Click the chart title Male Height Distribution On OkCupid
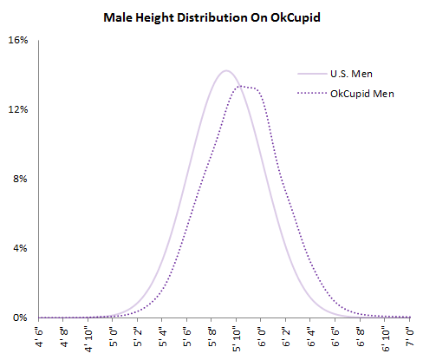click(211, 16)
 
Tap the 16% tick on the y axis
click(17, 40)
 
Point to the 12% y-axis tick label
click(17, 109)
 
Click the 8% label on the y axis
click(20, 179)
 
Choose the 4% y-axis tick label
click(20, 248)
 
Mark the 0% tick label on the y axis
click(20, 317)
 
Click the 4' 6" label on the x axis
click(38, 337)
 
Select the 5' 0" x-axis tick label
click(113, 337)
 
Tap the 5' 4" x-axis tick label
click(162, 337)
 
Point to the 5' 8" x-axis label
click(211, 337)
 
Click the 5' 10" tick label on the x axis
click(237, 339)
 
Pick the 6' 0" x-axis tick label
click(261, 337)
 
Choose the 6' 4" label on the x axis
click(310, 337)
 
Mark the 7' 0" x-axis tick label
click(410, 337)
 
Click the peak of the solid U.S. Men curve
click(226, 70)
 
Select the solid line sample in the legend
click(310, 75)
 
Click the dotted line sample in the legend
click(310, 93)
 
